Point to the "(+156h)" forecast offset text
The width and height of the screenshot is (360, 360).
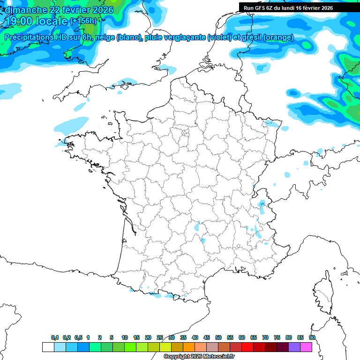[x=83, y=21]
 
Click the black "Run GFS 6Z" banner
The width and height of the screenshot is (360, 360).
[x=288, y=8]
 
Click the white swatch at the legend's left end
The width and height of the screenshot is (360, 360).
[x=48, y=347]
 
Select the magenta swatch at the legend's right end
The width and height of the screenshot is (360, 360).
[x=307, y=347]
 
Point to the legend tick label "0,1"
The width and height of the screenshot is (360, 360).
[x=55, y=337]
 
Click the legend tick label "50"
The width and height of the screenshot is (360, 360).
[x=218, y=337]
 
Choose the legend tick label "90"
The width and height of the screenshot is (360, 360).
[x=312, y=337]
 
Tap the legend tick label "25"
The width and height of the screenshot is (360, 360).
[x=160, y=337]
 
